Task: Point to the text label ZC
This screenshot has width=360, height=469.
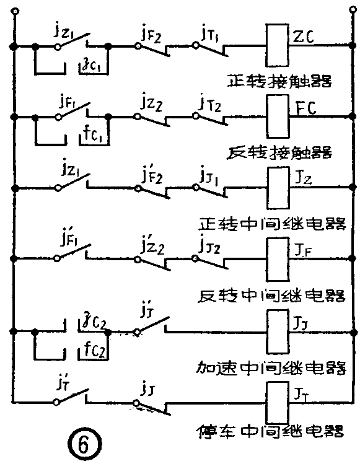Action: pyautogui.click(x=304, y=38)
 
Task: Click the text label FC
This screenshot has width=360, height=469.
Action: pyautogui.click(x=304, y=108)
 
